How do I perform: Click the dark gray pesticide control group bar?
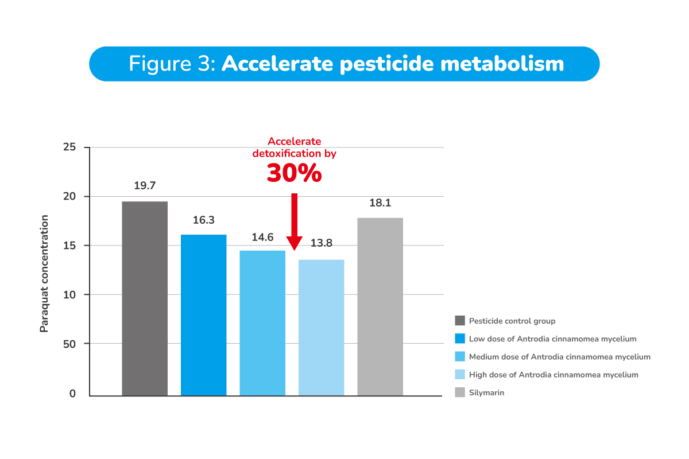[145, 298]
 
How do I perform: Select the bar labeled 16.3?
[204, 315]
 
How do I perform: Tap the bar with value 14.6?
[262, 323]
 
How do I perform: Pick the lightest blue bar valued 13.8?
[322, 328]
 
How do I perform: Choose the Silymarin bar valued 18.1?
[380, 306]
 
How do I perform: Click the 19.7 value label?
[145, 185]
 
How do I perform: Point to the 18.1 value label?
[380, 202]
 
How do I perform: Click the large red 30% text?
[294, 173]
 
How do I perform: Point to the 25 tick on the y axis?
[69, 147]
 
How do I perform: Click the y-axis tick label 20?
[69, 197]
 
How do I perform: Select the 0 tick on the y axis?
[72, 394]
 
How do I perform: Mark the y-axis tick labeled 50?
[69, 344]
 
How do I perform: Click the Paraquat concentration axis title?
[44, 274]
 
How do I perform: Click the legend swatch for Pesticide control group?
[459, 321]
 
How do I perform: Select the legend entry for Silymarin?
[486, 392]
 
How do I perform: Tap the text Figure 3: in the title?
[172, 64]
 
